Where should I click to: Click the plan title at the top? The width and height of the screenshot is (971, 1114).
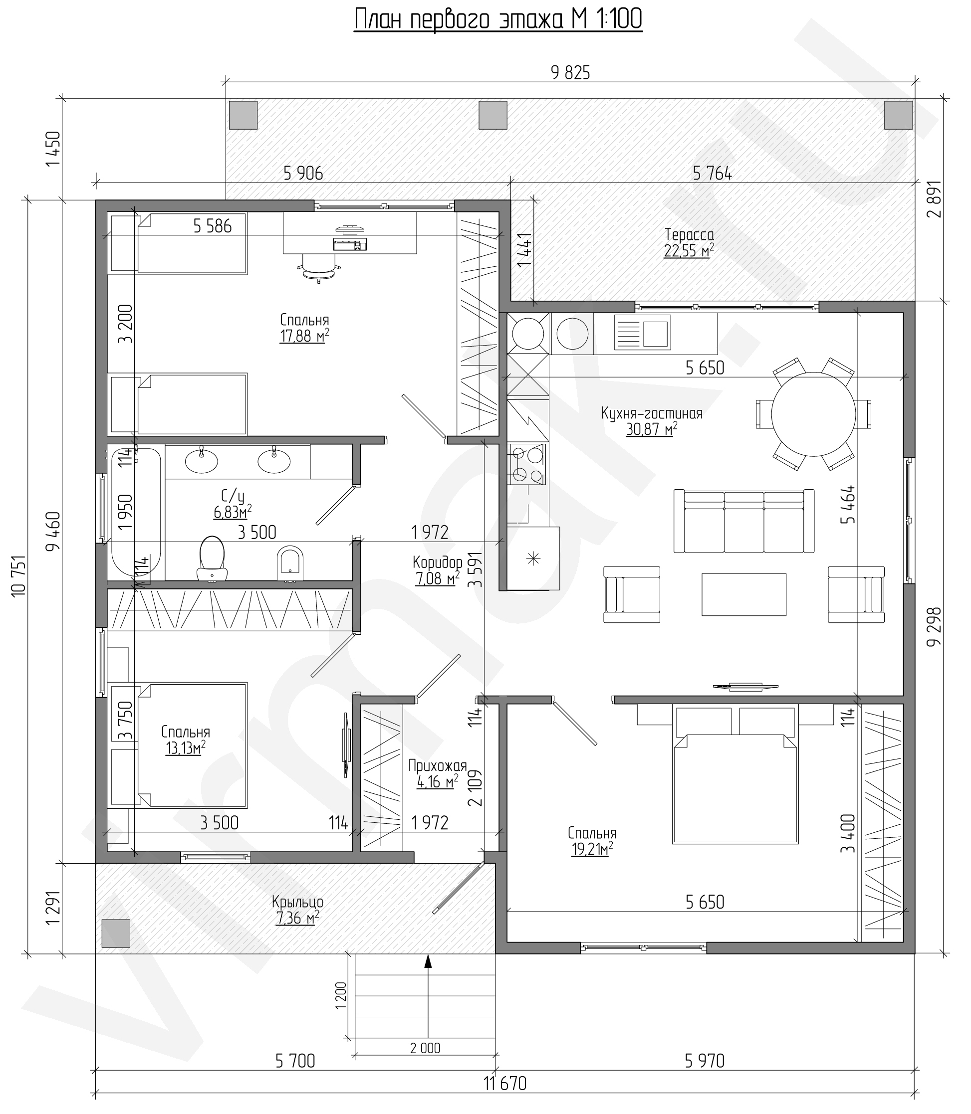point(498,19)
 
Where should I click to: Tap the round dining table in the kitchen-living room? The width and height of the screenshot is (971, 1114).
point(813,414)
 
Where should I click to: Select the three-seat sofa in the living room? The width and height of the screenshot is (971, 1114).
point(744,521)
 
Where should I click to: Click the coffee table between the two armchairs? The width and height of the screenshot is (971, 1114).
point(744,594)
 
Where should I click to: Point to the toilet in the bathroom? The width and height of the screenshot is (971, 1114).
point(213,559)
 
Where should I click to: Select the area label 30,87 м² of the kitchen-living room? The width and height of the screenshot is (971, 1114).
point(652,429)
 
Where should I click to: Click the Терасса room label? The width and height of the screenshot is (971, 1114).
point(689,234)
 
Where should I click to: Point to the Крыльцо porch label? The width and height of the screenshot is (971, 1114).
point(297,902)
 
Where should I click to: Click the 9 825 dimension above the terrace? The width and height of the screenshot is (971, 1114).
point(570,73)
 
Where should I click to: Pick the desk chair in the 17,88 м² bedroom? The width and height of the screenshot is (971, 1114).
point(319,269)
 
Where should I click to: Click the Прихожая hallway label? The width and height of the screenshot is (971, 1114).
point(437,766)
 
